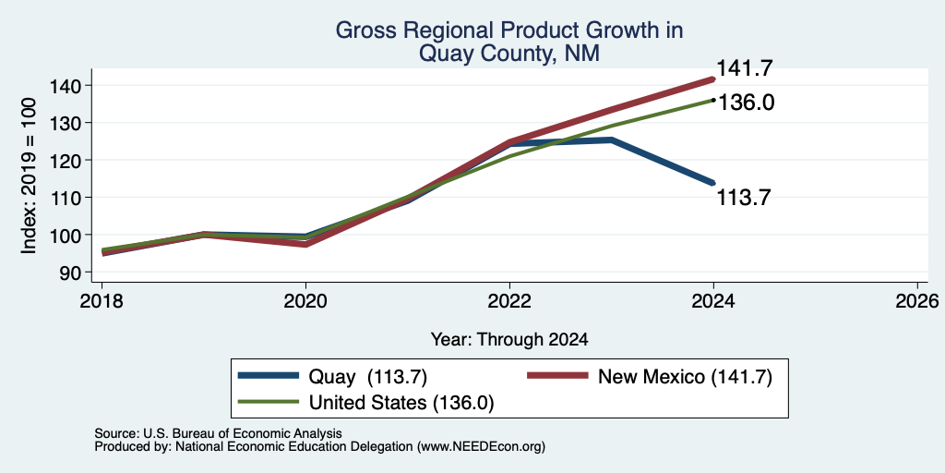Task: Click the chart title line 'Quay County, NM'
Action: (x=509, y=54)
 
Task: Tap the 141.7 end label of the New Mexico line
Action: (x=744, y=68)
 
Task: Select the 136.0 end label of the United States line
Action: (x=747, y=103)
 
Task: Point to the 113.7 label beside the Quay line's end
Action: (x=743, y=198)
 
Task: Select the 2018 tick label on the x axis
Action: (x=102, y=300)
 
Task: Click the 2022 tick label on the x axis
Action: (x=509, y=300)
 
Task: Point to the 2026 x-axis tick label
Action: (x=917, y=300)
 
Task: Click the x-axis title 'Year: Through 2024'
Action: (x=509, y=340)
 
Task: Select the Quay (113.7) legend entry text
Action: (x=367, y=377)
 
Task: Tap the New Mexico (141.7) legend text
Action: (x=685, y=377)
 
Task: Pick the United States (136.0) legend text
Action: (x=401, y=403)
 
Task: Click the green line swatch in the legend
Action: (x=269, y=402)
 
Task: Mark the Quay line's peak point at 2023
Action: (x=612, y=140)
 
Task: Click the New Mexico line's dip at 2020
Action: (x=305, y=244)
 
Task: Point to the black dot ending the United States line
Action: (x=713, y=100)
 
